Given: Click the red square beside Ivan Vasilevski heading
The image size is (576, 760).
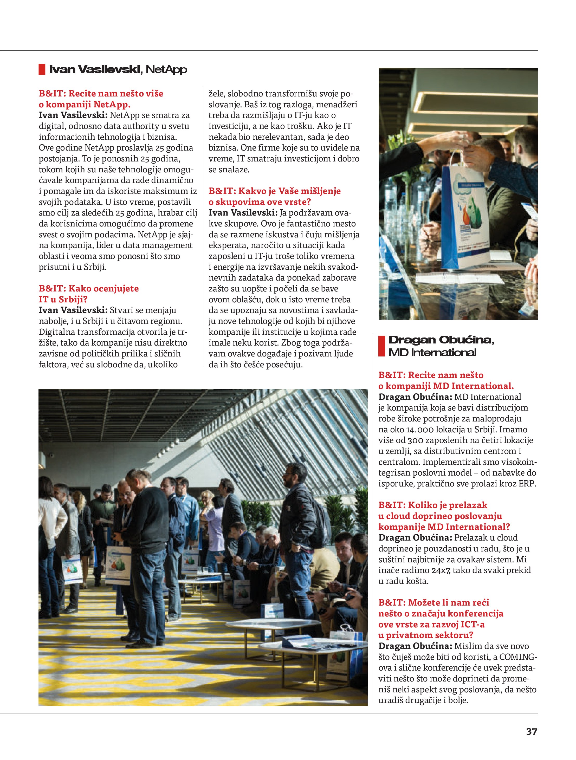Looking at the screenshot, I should click(42, 69).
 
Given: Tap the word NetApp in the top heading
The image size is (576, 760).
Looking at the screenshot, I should click(166, 69).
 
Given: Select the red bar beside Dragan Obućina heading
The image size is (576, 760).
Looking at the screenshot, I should click(381, 346).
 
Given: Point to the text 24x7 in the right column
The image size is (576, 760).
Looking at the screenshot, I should click(441, 570).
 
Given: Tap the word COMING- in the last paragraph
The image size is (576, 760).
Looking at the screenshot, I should click(518, 657).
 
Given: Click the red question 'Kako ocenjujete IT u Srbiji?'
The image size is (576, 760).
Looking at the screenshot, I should click(89, 294).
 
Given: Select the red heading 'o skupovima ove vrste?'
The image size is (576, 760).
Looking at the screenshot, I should click(260, 202).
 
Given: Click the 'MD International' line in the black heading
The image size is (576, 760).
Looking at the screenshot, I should click(432, 353).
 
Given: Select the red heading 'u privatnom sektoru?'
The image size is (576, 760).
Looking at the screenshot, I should click(426, 635).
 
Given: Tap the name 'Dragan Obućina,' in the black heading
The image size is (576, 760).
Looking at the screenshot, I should click(441, 340).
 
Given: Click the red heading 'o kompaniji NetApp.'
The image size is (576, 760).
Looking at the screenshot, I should click(85, 105).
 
